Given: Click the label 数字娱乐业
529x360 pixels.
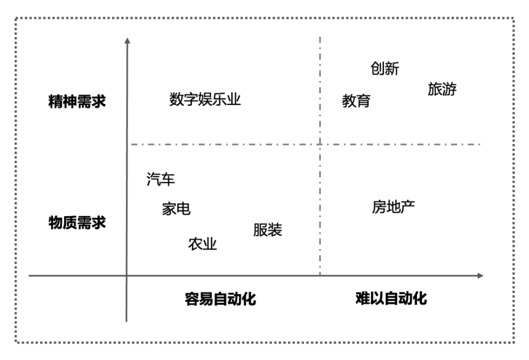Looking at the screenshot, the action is pyautogui.click(x=205, y=99).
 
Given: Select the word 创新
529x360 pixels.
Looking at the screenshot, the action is pyautogui.click(x=385, y=68).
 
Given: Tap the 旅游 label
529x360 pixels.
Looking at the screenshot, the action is pyautogui.click(x=442, y=89).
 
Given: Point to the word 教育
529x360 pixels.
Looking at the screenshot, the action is pyautogui.click(x=356, y=101).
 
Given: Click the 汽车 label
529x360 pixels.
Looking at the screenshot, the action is pyautogui.click(x=161, y=179).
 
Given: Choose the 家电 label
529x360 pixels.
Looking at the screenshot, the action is pyautogui.click(x=176, y=209).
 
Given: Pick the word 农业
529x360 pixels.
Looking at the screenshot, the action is pyautogui.click(x=203, y=244).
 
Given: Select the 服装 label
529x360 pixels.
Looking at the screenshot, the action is pyautogui.click(x=268, y=230).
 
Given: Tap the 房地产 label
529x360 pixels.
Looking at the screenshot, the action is pyautogui.click(x=394, y=207).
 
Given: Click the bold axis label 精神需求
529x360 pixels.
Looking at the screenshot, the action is pyautogui.click(x=77, y=101).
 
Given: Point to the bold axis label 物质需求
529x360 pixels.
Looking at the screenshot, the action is pyautogui.click(x=77, y=223).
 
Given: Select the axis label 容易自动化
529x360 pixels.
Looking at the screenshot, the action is pyautogui.click(x=220, y=299).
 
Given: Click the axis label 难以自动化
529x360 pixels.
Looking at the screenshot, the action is pyautogui.click(x=391, y=298).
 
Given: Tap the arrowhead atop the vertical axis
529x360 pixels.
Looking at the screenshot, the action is pyautogui.click(x=127, y=41).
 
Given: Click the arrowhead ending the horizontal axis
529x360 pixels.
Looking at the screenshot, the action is pyautogui.click(x=480, y=276).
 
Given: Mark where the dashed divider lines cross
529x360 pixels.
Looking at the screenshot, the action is pyautogui.click(x=320, y=144).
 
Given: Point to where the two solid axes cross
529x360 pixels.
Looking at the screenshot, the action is pyautogui.click(x=126, y=276).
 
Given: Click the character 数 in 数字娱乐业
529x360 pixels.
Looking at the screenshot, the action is pyautogui.click(x=176, y=99).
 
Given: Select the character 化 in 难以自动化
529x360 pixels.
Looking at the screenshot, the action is pyautogui.click(x=419, y=298).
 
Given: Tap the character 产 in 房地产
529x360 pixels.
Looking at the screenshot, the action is pyautogui.click(x=408, y=207).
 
